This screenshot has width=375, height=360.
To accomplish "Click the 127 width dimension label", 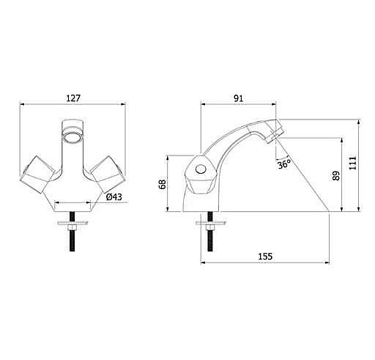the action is pyautogui.click(x=73, y=98).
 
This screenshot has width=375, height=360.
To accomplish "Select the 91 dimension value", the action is pyautogui.click(x=239, y=98).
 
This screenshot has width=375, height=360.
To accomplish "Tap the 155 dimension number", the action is pyautogui.click(x=265, y=257).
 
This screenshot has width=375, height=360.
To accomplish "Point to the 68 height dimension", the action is pyautogui.click(x=163, y=184).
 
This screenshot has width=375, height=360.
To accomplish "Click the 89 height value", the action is pyautogui.click(x=336, y=176).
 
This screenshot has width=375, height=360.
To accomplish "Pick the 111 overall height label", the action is pyautogui.click(x=352, y=163).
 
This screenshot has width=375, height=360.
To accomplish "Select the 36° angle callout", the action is pyautogui.click(x=284, y=164).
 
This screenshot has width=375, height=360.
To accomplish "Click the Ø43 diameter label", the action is pyautogui.click(x=114, y=196).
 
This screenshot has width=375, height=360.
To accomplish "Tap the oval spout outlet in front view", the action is pyautogui.click(x=73, y=137).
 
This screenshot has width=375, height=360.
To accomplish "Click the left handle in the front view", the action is pyautogui.click(x=37, y=175).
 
